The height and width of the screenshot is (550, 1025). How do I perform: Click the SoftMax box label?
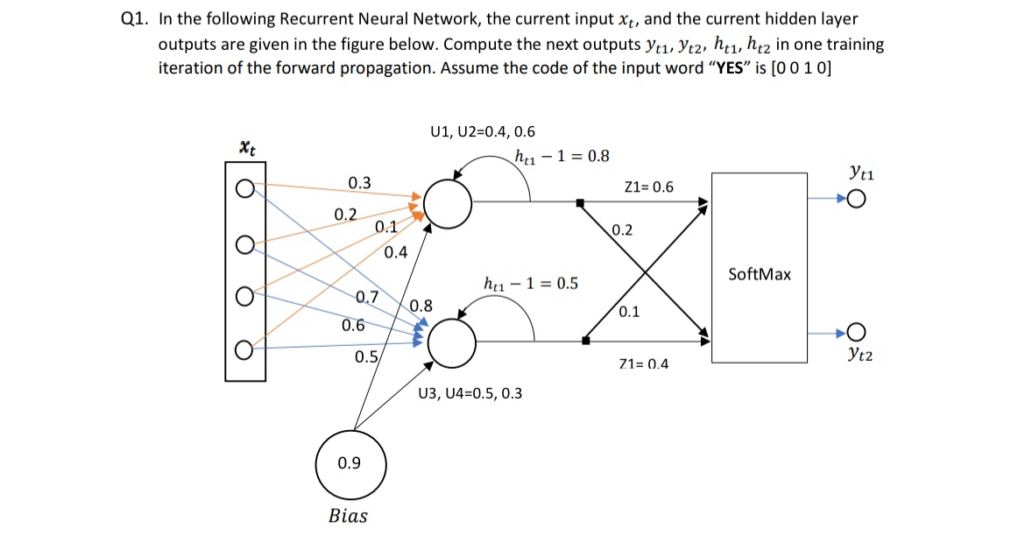pos(759,274)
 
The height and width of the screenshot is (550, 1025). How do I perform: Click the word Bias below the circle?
pos(348,516)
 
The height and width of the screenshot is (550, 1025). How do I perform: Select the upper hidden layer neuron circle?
pos(449,205)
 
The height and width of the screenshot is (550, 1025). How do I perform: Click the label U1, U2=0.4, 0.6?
pos(483,132)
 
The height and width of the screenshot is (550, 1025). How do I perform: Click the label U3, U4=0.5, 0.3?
pos(470,393)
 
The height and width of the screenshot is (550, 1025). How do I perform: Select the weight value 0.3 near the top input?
pos(359,183)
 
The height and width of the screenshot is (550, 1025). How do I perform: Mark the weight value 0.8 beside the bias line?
pos(421,307)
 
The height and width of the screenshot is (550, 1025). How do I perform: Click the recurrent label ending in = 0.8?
pos(562,157)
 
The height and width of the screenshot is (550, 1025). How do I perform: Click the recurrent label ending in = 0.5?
pos(530,284)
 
